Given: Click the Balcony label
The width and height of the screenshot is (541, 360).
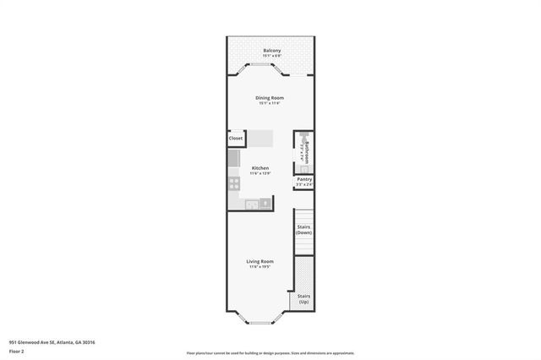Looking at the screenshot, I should click(x=271, y=51).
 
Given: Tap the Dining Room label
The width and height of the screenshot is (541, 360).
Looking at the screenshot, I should click(x=270, y=98).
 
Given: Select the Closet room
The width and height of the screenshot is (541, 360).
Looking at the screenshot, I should click(x=236, y=138).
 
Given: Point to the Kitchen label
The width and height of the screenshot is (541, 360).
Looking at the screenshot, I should click(x=260, y=168).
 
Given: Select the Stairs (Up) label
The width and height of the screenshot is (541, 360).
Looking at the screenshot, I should click(x=304, y=299).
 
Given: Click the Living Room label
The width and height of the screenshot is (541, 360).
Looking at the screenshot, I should click(x=260, y=262).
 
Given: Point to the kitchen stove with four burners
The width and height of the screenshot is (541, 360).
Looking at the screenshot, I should click(x=233, y=183).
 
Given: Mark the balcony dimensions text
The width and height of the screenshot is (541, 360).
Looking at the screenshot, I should click(x=271, y=57).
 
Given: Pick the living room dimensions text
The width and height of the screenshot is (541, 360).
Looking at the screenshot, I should click(x=260, y=268).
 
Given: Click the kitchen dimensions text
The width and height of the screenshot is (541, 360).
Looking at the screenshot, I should click(x=260, y=174).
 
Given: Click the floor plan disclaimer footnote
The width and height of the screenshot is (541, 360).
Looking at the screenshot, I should click(x=270, y=352).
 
